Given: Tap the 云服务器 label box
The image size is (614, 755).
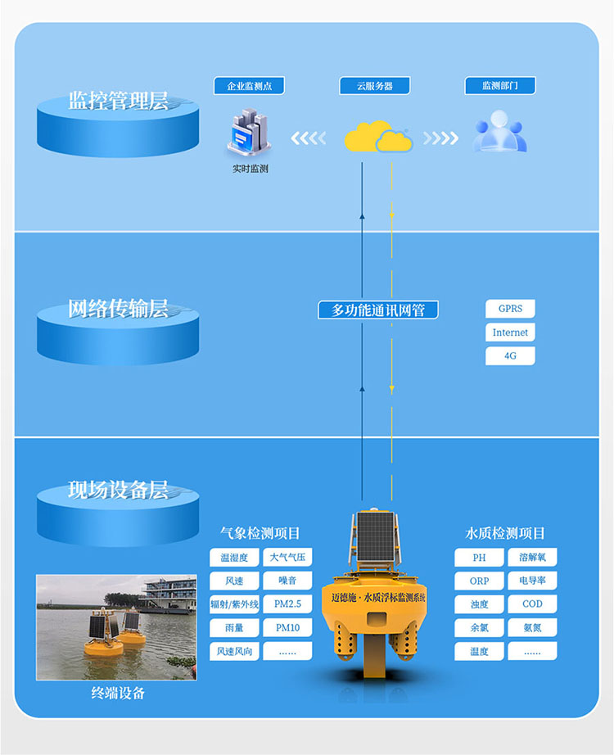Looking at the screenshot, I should (375, 86).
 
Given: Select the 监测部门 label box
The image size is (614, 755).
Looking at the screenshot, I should (500, 86).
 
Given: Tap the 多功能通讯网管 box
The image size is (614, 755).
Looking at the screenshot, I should (378, 310).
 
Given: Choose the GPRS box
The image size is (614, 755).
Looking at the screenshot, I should (510, 309).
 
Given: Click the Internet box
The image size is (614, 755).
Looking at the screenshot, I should (510, 332).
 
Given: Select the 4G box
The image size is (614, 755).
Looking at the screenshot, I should (510, 356).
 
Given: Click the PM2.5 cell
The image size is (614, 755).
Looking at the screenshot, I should (287, 604).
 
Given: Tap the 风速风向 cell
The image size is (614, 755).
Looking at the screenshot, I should (234, 651).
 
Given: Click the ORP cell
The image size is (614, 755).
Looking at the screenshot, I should (480, 581).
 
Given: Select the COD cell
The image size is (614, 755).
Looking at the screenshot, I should (532, 604).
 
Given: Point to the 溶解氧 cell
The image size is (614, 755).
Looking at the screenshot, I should (532, 558).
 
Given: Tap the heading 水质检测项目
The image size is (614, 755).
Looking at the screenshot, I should (505, 533).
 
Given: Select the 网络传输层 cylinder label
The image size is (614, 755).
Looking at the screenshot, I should (118, 310).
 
